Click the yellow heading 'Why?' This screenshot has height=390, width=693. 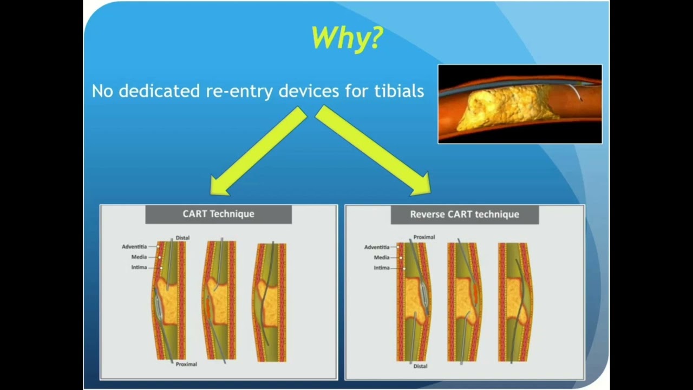coord(348,38)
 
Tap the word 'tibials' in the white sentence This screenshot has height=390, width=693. coord(399,91)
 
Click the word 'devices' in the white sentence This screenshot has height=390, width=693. coord(309,91)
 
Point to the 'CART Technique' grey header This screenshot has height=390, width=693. coord(218,214)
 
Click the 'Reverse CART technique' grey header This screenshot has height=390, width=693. coord(465,214)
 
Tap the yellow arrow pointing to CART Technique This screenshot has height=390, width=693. coord(258,151)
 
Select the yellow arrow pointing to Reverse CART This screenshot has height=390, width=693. coord(374,151)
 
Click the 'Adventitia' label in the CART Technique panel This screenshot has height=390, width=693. coord(134,246)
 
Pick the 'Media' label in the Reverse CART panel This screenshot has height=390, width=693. coord(382,257)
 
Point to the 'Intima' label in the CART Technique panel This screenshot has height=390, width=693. coord(139,268)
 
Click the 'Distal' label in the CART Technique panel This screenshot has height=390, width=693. coord(182,238)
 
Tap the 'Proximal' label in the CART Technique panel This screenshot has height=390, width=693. coord(186,365)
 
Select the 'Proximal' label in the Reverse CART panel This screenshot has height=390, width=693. coord(424,237)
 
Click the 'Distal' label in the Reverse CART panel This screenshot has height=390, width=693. coord(421,366)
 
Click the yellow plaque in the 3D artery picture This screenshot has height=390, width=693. coord(504,107)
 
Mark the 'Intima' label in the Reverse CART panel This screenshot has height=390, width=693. coord(382,268)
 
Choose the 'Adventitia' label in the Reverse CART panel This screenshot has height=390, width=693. coord(377,248)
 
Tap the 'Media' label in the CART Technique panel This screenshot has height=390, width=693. coord(139,257)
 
